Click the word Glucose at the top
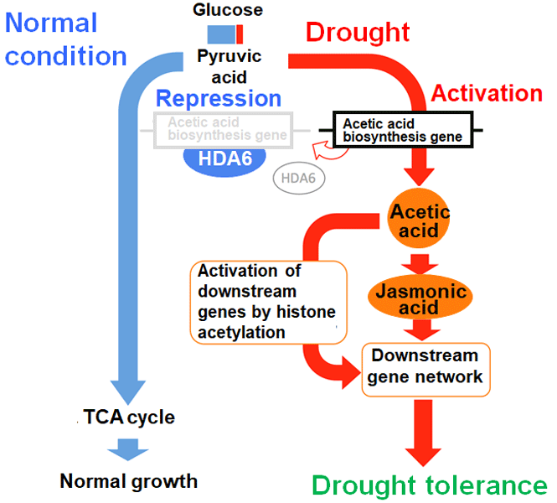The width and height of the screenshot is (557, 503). coord(228,9)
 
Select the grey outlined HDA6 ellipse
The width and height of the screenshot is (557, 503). coord(299,178)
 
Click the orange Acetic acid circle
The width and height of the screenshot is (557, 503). coord(419,218)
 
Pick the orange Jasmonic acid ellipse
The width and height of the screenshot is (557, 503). coord(420,297)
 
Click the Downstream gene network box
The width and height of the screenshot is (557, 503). coord(425,370)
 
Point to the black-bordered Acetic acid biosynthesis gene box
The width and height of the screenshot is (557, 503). coord(403,130)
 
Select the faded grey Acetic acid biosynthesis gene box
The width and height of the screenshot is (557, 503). coord(224,130)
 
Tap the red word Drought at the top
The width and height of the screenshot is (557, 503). coord(358,33)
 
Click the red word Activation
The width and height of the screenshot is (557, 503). coord(487,93)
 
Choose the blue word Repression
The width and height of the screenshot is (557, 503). coord(219,98)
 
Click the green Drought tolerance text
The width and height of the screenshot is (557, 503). coord(430,485)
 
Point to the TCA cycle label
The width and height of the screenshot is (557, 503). coord(129,417)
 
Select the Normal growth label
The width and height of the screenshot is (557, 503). coord(129,481)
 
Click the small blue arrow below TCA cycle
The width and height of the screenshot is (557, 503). coord(128,449)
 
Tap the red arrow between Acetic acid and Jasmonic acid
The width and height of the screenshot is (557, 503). coord(420,264)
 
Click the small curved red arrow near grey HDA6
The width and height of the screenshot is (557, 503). coord(328,151)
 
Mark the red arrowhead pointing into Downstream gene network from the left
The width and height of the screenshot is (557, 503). coord(351,372)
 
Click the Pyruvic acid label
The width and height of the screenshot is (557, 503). coord(230,66)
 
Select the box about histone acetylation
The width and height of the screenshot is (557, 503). coord(269,302)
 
